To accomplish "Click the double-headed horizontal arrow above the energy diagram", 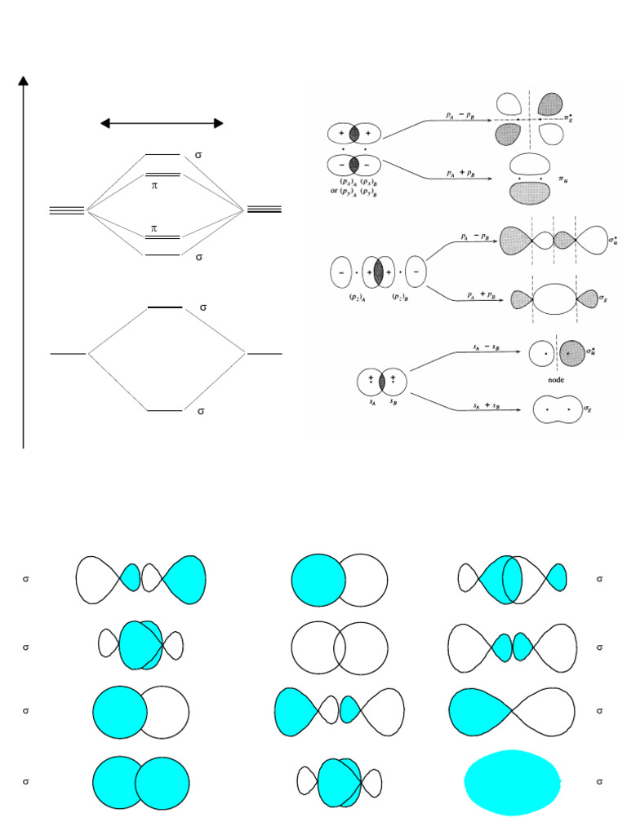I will [x=162, y=123].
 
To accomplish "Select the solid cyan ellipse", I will [x=513, y=782].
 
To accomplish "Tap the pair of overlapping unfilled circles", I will [x=340, y=647].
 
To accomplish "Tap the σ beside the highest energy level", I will [x=198, y=154].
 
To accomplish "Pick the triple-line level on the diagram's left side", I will [x=67, y=210].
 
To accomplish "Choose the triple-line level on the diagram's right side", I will [x=264, y=210].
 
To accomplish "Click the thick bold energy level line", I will [x=164, y=307].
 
